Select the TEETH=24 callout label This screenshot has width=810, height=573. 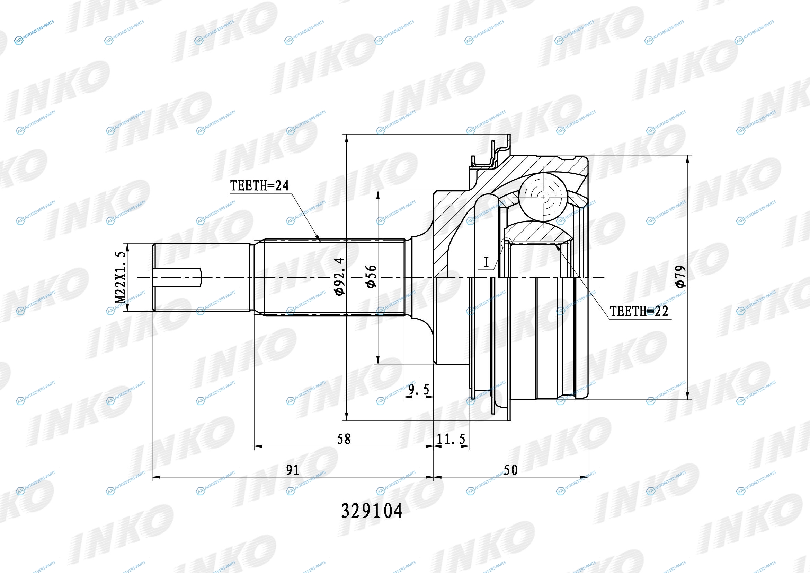click(259, 185)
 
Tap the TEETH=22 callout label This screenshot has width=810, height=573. click(639, 311)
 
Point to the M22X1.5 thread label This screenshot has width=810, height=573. click(120, 278)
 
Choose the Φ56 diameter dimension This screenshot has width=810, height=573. click(371, 277)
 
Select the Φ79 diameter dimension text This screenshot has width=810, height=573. click(680, 276)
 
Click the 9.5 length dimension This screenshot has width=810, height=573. click(419, 390)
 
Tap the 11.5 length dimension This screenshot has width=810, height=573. click(451, 439)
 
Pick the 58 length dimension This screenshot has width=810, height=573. click(344, 439)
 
